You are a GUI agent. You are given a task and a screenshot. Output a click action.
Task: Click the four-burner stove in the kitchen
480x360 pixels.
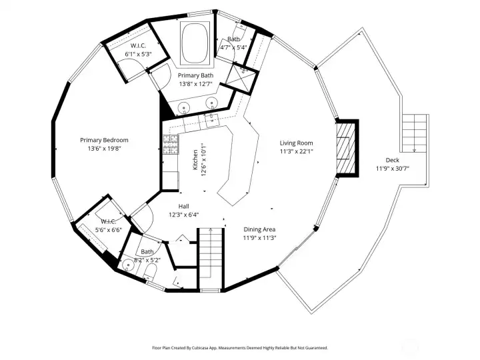click(x=169, y=142)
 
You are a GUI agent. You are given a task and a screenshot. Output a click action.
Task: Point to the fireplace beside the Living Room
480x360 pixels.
click(x=345, y=147)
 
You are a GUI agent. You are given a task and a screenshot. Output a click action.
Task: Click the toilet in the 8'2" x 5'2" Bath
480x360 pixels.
click(x=149, y=273)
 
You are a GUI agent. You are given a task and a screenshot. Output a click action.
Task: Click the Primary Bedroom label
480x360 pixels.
click(x=104, y=140)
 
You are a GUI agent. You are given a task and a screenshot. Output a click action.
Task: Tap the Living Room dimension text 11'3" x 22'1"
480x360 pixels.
click(x=296, y=151)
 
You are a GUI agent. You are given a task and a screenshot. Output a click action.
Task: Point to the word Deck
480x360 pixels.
click(x=393, y=160)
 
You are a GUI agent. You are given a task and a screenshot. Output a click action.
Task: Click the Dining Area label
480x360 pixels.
click(x=259, y=229)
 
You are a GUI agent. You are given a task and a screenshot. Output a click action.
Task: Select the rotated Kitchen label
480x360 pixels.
click(x=195, y=159)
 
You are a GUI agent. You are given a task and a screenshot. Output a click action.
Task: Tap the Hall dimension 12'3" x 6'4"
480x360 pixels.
click(x=183, y=215)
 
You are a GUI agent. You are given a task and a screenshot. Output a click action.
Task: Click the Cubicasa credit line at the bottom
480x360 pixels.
click(x=240, y=347)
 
